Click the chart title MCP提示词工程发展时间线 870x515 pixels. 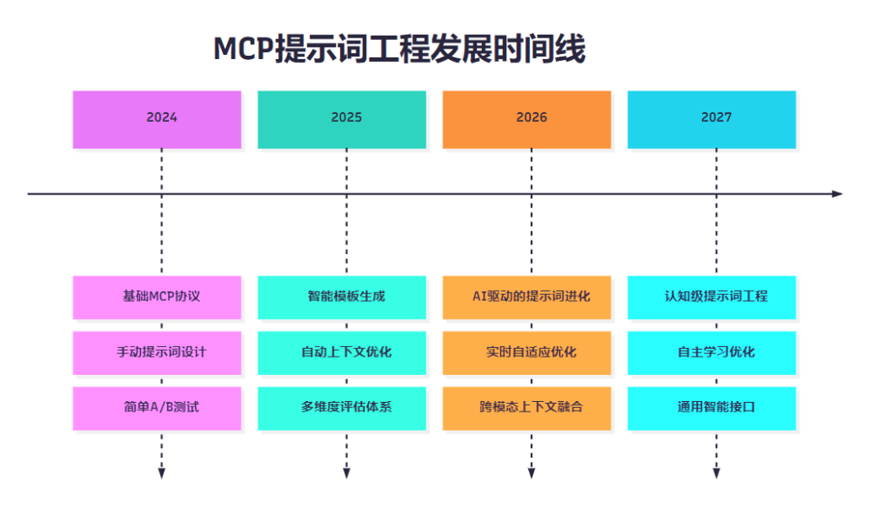click(399, 50)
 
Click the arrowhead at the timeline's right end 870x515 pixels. click(837, 194)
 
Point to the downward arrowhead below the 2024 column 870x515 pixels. click(162, 473)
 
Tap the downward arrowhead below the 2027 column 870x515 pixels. click(716, 473)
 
